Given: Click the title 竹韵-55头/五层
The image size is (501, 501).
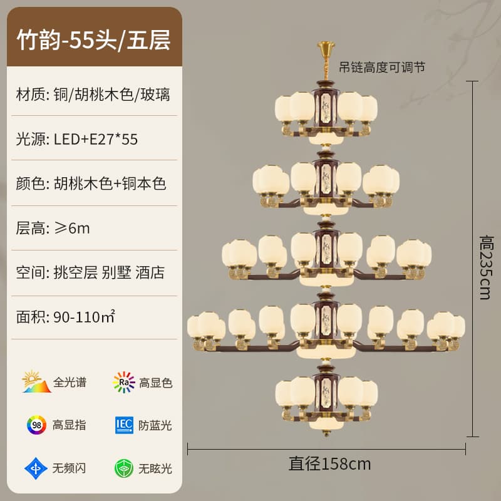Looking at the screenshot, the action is pyautogui.click(x=93, y=40).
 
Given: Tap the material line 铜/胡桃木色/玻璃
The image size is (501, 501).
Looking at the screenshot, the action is pyautogui.click(x=112, y=95).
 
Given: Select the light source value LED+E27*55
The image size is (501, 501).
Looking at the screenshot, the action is pyautogui.click(x=96, y=139).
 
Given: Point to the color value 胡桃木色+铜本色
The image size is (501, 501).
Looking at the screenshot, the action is pyautogui.click(x=110, y=183).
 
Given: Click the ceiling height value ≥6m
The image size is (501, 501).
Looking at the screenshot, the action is pyautogui.click(x=72, y=228).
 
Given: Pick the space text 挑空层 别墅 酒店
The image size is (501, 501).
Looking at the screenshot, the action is pyautogui.click(x=109, y=272).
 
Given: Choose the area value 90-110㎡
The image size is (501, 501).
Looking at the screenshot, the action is pyautogui.click(x=84, y=317).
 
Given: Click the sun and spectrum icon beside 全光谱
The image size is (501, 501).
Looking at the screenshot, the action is pyautogui.click(x=36, y=381).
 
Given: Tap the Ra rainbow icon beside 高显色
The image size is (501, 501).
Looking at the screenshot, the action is pyautogui.click(x=123, y=382).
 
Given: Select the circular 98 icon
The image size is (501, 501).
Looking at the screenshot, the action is pyautogui.click(x=36, y=425).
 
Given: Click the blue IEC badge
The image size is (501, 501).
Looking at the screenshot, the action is pyautogui.click(x=124, y=425).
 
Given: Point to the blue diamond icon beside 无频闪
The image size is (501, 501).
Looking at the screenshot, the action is pyautogui.click(x=36, y=468).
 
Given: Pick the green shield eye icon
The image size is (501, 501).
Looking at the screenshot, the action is pyautogui.click(x=123, y=468).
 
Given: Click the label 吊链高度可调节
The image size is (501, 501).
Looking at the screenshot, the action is pyautogui.click(x=382, y=68).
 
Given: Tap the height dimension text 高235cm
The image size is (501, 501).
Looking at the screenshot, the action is pyautogui.click(x=487, y=267).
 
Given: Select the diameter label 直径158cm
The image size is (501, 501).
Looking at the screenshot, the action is pyautogui.click(x=330, y=464).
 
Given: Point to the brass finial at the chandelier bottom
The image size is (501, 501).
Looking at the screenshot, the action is pyautogui.click(x=326, y=433).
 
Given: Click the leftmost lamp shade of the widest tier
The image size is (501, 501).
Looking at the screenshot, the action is pyautogui.click(x=194, y=326).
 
